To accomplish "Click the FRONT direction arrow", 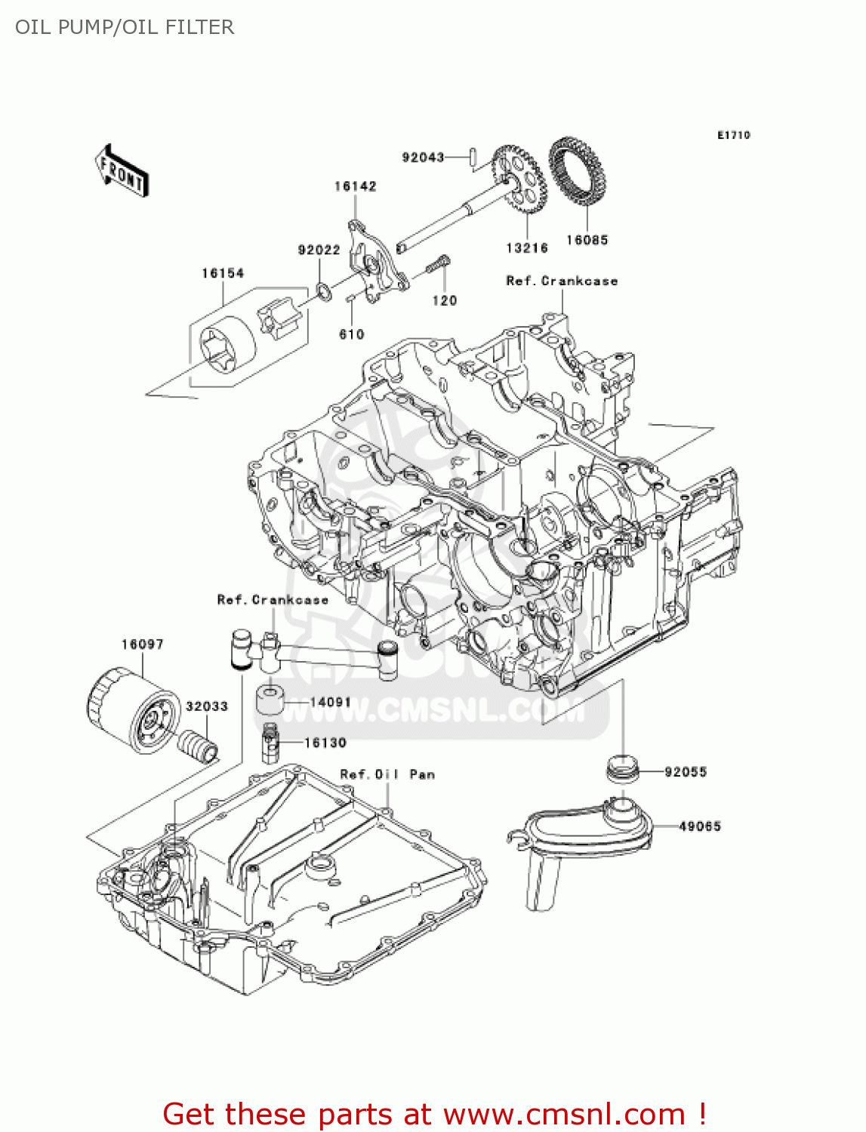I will click(121, 171).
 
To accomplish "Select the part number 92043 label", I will click(423, 157).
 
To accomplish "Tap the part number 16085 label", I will click(587, 240).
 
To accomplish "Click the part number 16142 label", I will click(355, 186).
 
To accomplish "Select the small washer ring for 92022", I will click(322, 290).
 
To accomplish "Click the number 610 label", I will click(352, 334).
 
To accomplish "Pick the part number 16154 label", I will click(223, 273).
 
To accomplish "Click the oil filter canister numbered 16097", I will click(131, 709).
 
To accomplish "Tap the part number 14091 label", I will click(331, 702).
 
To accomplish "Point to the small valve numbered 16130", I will click(270, 743).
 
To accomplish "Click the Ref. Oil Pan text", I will click(387, 774).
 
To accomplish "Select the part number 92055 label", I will click(686, 772).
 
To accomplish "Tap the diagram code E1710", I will click(733, 135).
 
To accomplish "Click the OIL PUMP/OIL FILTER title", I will click(125, 27).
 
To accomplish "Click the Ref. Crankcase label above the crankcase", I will click(562, 281).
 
